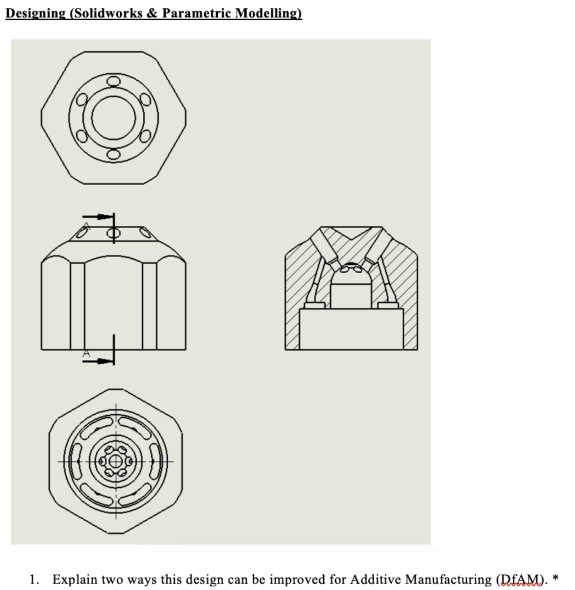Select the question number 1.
pos(33,578)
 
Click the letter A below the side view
pos(86,353)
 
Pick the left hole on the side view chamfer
pos(85,233)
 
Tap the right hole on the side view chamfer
pos(144,233)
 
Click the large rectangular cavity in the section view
pos(351,329)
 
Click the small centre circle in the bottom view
pos(115,462)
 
